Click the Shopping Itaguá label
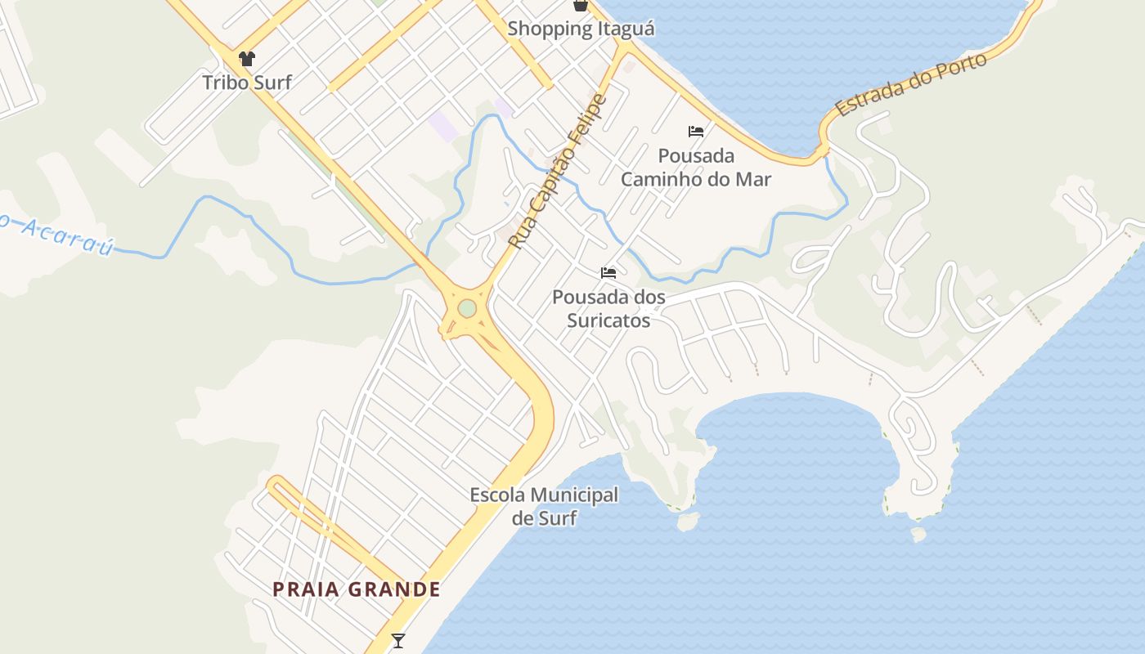(581, 29)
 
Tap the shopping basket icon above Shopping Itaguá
(581, 6)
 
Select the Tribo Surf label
(247, 82)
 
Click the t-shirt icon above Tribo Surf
(247, 59)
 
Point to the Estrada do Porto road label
(911, 84)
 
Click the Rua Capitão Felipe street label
(558, 172)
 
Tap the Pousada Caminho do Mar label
(696, 167)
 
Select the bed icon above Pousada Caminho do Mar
(696, 131)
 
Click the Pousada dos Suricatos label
(608, 308)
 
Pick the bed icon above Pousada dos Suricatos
(608, 272)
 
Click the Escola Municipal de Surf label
(544, 506)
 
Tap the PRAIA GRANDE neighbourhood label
(357, 589)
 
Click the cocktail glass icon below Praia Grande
(398, 640)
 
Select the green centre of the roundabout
(467, 308)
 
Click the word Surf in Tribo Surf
(272, 82)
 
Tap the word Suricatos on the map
(609, 320)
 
